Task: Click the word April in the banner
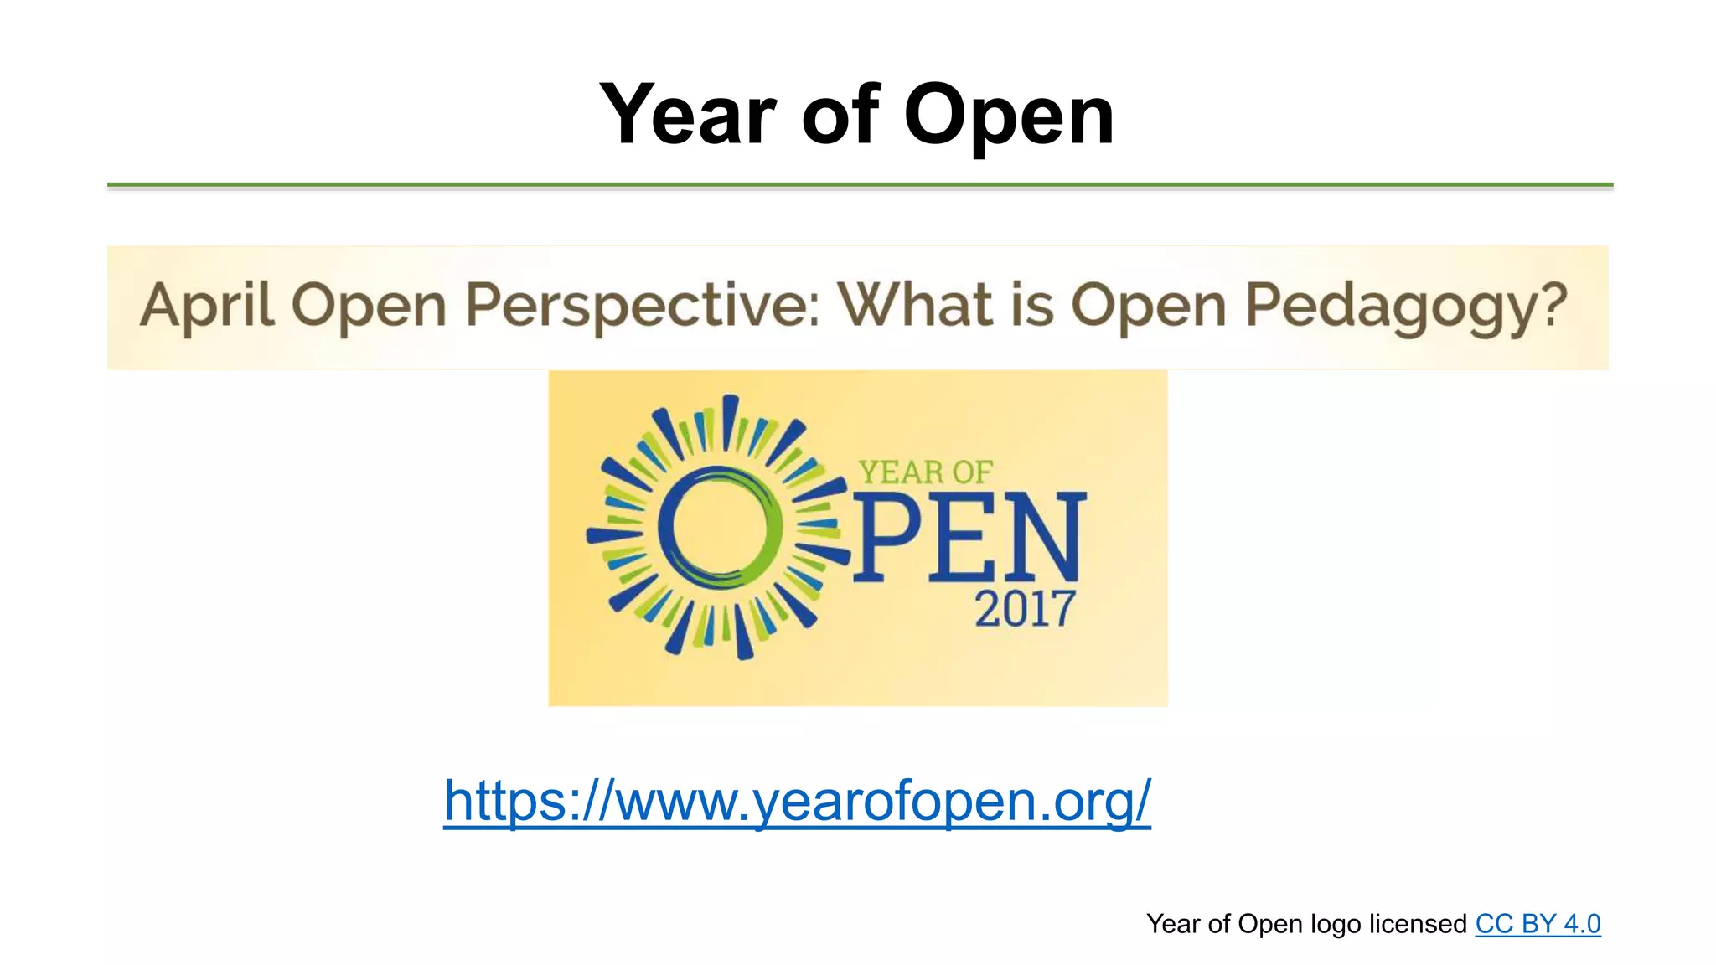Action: pyautogui.click(x=206, y=306)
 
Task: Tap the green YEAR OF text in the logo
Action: pyautogui.click(x=925, y=472)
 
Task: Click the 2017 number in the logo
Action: pyautogui.click(x=1024, y=609)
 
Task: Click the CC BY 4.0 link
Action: pyautogui.click(x=1538, y=924)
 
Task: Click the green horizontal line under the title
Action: pyautogui.click(x=860, y=184)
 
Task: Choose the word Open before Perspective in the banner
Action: pyautogui.click(x=369, y=307)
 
